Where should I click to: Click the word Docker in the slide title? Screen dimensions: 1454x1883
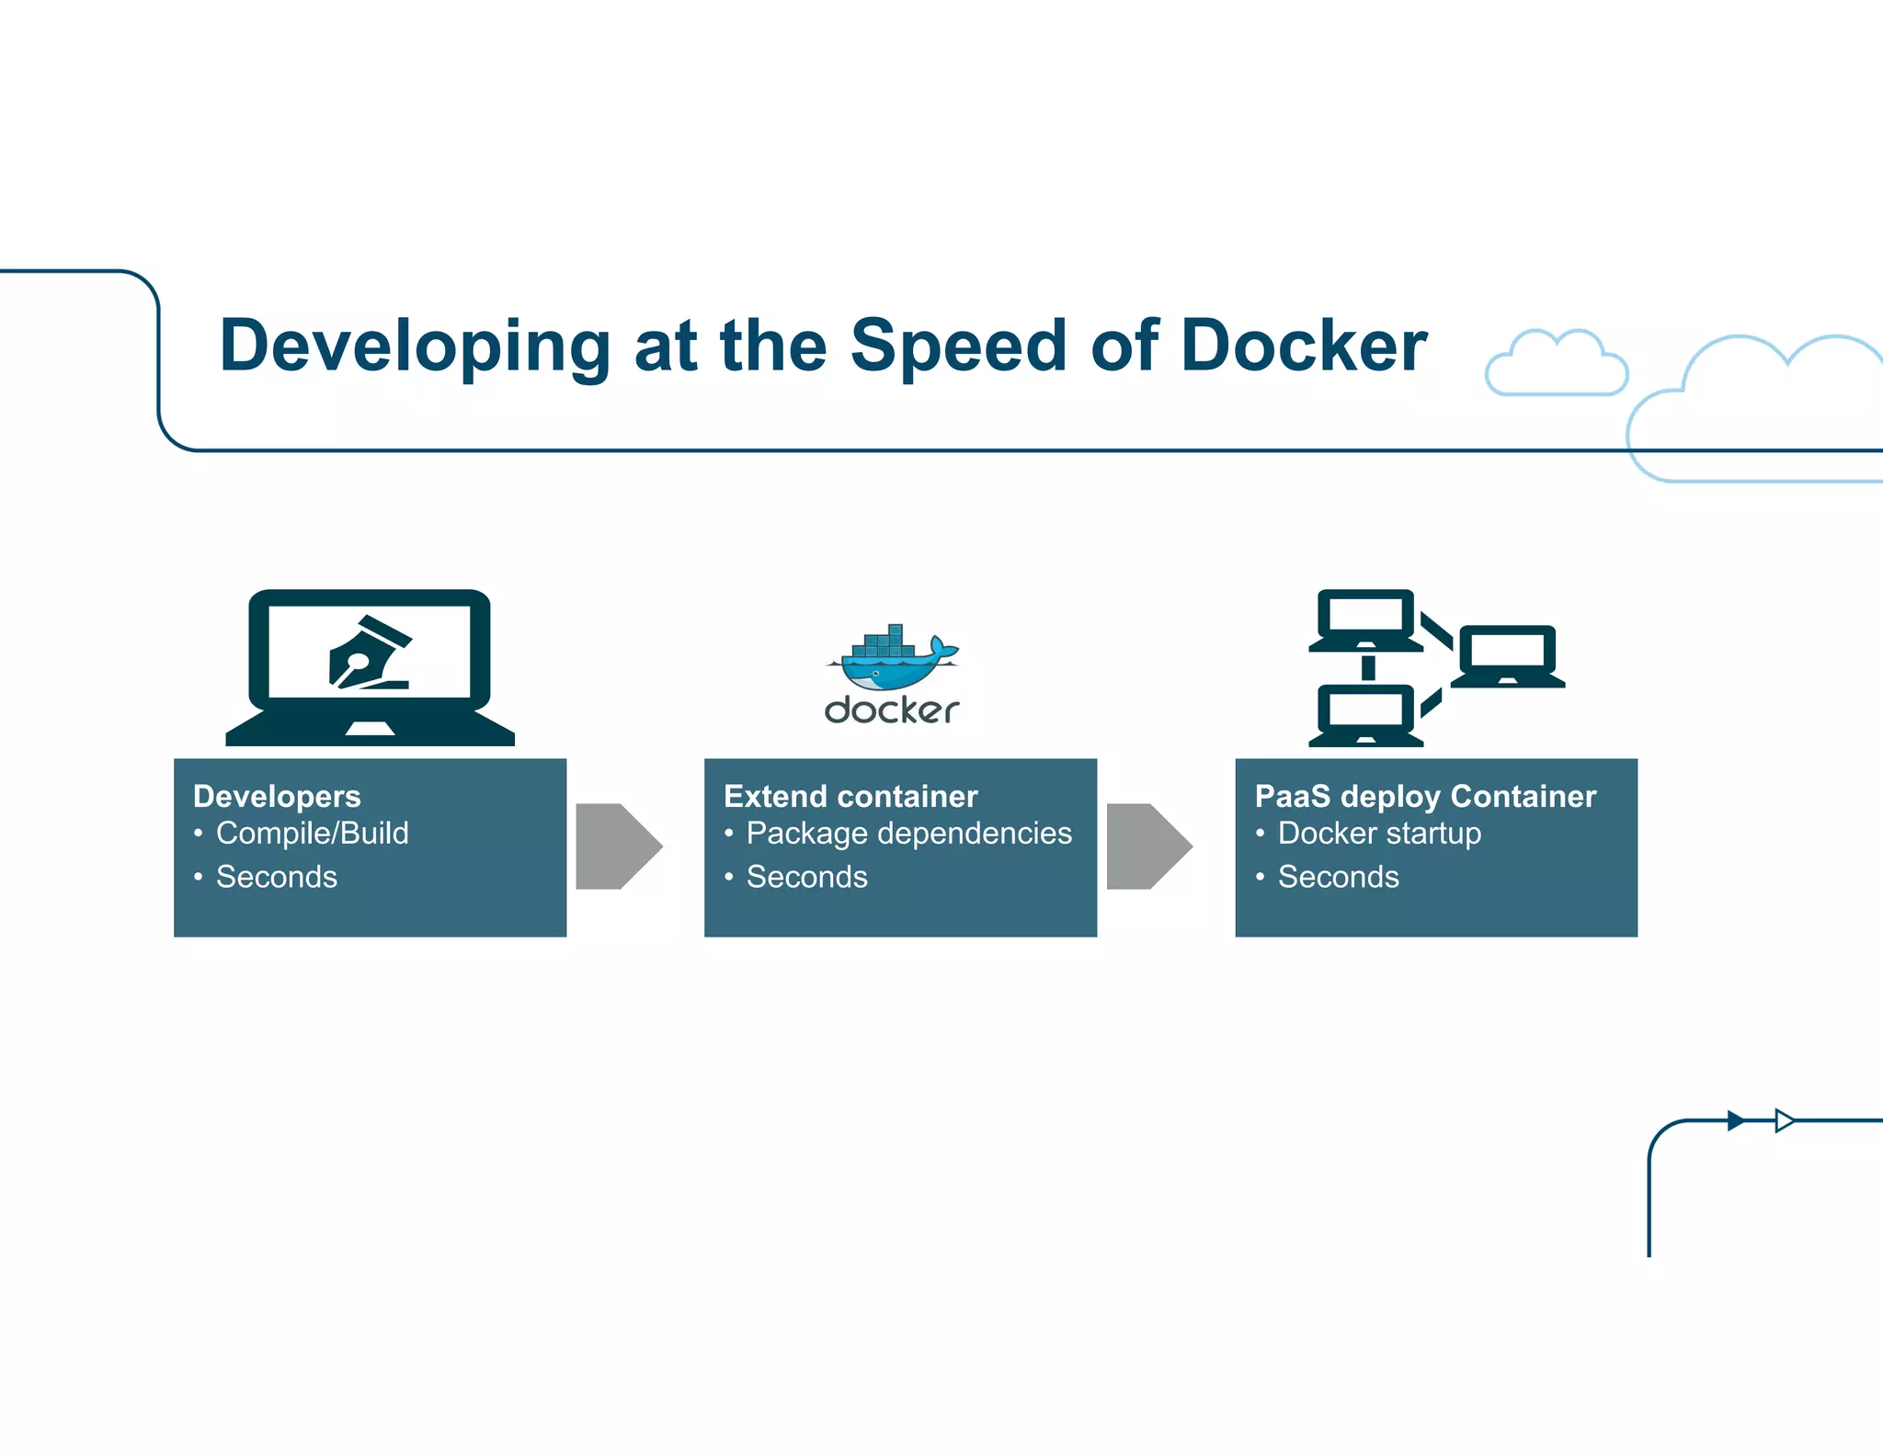pos(1303,346)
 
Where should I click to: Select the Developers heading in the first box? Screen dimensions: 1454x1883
pos(277,796)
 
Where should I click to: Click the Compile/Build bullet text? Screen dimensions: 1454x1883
pos(312,833)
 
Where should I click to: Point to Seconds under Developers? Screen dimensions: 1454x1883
pos(277,877)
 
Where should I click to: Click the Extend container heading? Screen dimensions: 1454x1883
pos(850,796)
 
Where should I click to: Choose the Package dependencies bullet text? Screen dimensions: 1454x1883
pos(908,833)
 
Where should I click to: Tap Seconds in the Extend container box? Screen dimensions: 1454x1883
pos(806,877)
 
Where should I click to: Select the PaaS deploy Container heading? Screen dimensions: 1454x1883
pos(1425,796)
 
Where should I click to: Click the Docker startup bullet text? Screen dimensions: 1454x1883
pos(1379,833)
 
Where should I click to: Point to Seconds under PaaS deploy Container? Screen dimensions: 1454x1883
pos(1338,877)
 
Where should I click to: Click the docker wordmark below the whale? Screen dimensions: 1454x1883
pos(891,710)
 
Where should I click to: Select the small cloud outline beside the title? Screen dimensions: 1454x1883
pos(1556,364)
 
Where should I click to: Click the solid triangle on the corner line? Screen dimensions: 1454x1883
pos(1735,1120)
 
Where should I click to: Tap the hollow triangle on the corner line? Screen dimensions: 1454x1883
pos(1784,1120)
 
